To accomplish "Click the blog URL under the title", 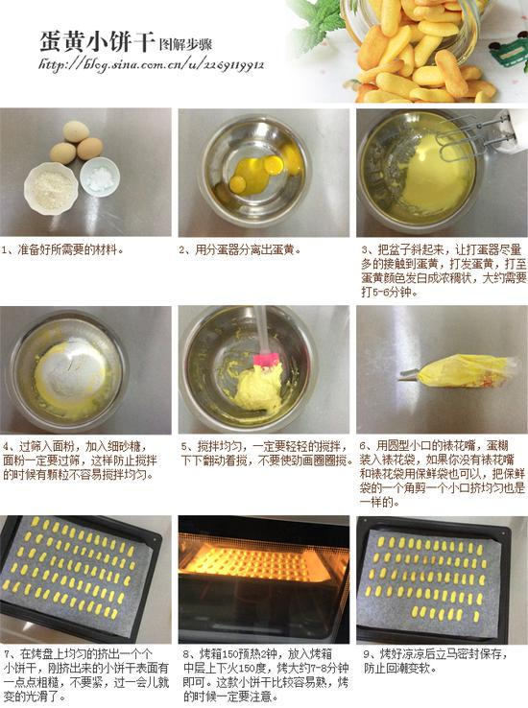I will [x=150, y=65].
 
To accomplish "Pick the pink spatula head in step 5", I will [x=266, y=361].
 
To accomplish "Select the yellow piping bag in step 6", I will [x=463, y=369].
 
